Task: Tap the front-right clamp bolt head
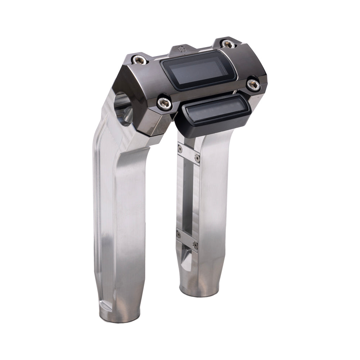coord(253,84)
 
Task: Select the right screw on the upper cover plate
coord(197,157)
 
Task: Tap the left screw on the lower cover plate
coord(179,235)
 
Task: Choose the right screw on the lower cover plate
coord(195,245)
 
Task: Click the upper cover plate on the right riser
coord(188,153)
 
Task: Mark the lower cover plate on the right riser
coord(187,240)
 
